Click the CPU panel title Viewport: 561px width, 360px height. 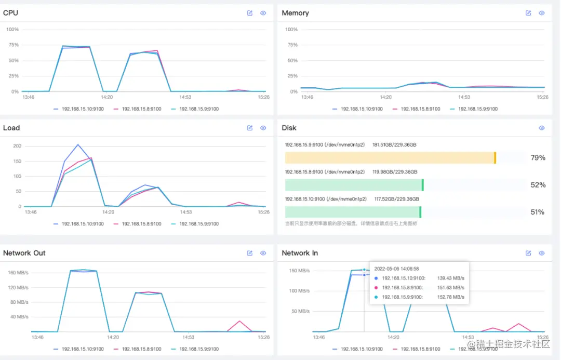[10, 12]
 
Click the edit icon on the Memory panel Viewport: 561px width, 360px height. [528, 13]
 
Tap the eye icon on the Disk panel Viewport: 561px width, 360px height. [542, 128]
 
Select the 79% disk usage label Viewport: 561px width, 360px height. [538, 158]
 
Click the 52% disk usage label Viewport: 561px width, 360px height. [538, 185]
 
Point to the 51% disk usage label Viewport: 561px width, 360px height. [538, 212]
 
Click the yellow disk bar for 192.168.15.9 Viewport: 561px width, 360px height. [390, 158]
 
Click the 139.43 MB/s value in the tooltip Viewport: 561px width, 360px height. [450, 278]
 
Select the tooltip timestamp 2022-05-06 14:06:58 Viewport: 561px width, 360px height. [396, 269]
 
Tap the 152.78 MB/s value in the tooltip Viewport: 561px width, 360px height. [450, 297]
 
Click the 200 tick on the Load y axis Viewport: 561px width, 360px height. [17, 146]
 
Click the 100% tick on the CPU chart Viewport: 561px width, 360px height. [12, 30]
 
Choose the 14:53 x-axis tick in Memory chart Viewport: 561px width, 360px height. [463, 97]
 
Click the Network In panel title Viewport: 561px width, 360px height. [300, 253]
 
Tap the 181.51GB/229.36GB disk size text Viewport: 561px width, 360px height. [394, 145]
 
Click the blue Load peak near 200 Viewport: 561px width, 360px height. [77, 145]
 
